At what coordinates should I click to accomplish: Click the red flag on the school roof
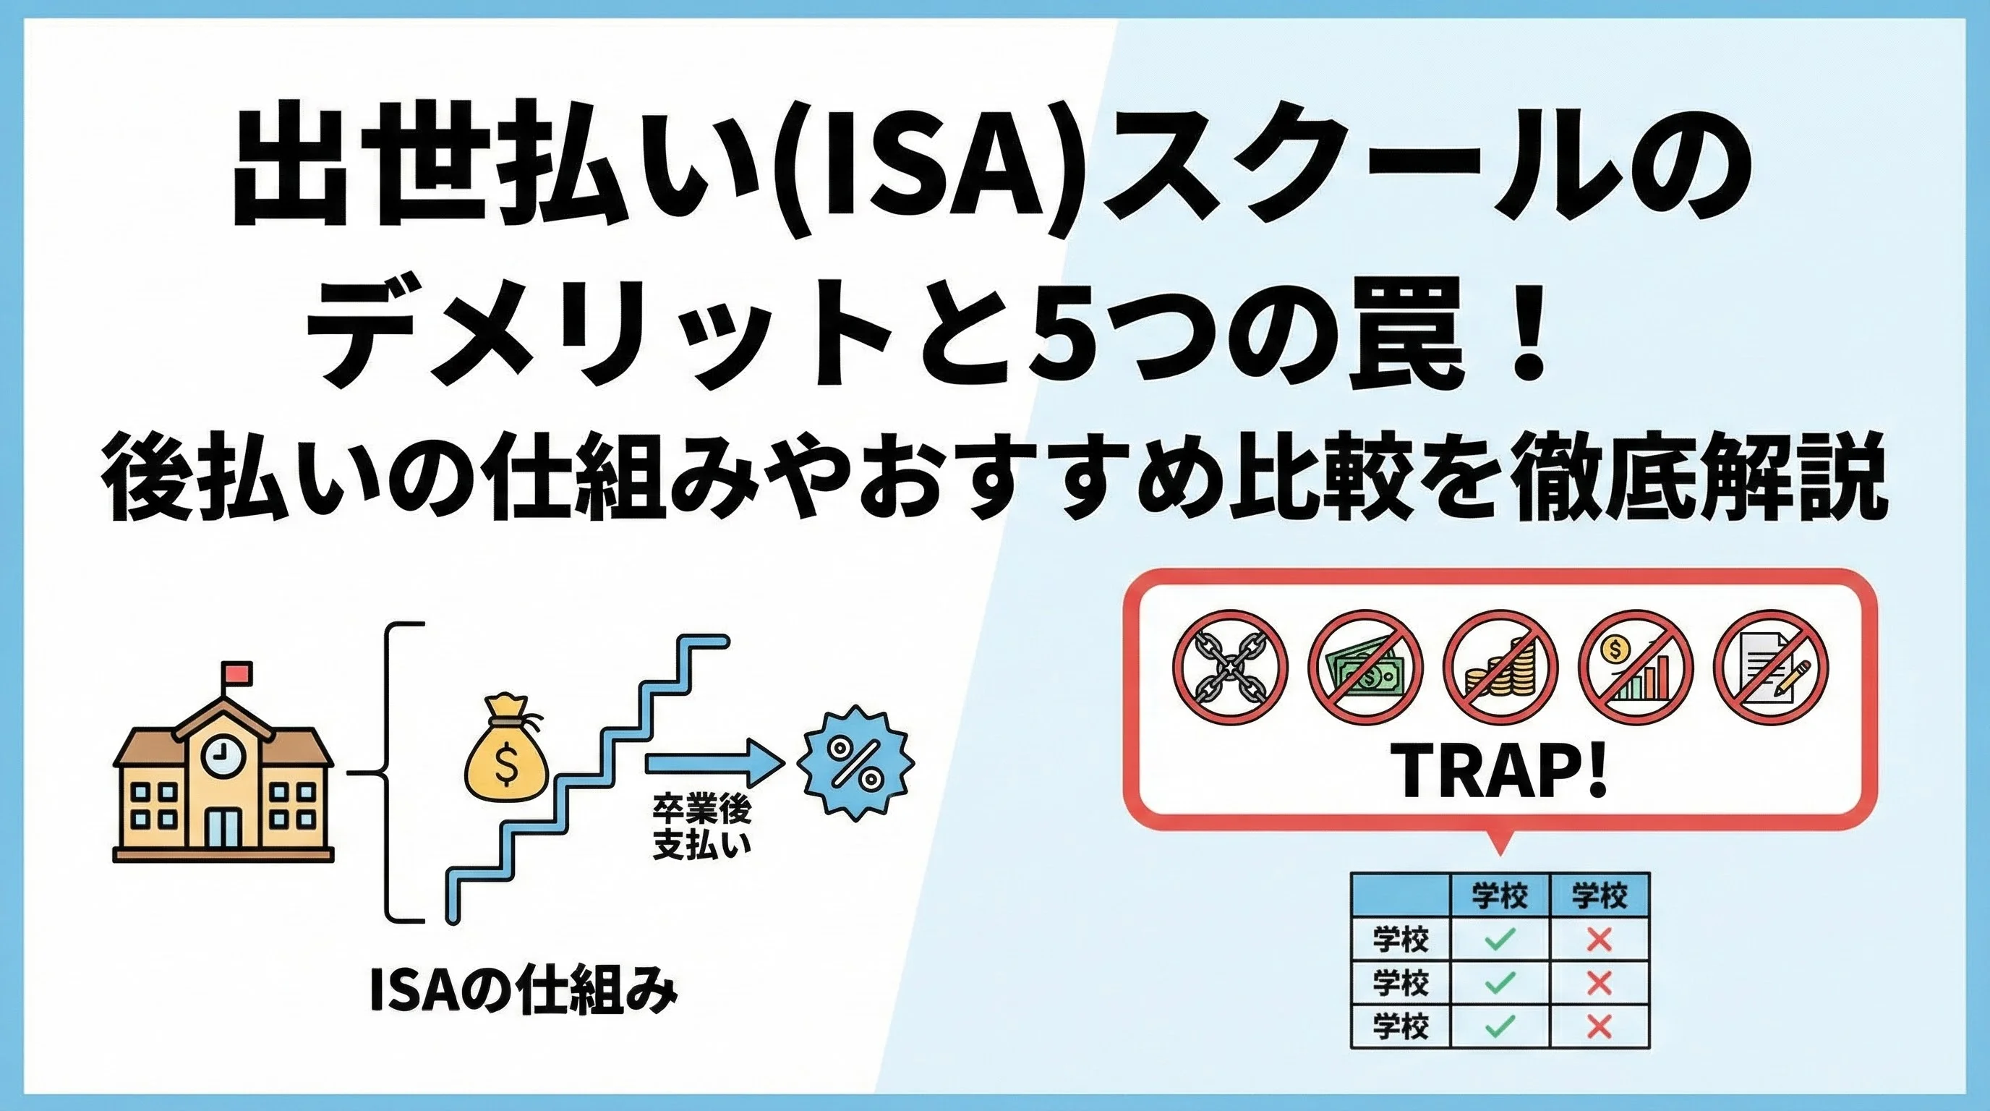(236, 672)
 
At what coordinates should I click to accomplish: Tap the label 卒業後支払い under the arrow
(701, 829)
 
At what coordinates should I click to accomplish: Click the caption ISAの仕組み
(523, 995)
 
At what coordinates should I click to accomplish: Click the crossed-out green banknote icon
(1366, 667)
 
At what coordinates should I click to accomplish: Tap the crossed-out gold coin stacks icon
(1500, 667)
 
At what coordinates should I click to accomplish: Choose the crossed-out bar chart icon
(1636, 667)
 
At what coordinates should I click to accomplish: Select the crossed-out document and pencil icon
(1771, 667)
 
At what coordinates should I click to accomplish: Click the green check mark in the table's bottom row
(1500, 1026)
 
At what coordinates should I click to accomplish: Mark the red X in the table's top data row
(1599, 940)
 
